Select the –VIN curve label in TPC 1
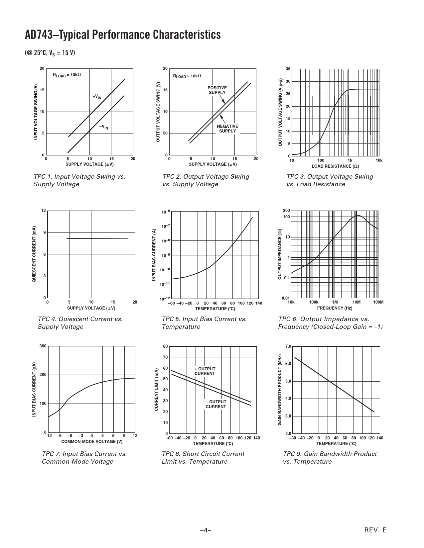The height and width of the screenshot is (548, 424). (x=104, y=127)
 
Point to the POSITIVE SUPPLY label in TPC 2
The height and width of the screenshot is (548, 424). (x=217, y=90)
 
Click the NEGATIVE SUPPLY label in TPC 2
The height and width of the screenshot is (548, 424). (x=227, y=129)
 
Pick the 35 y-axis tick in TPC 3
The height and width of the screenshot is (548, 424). (x=288, y=69)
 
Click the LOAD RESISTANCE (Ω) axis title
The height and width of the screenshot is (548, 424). (x=335, y=166)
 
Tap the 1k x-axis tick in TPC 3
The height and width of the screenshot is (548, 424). (x=350, y=161)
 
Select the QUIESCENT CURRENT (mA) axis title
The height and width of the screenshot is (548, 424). (x=34, y=254)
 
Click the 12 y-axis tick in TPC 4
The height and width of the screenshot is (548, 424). (x=44, y=211)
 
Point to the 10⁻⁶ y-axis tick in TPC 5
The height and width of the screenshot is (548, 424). (x=166, y=212)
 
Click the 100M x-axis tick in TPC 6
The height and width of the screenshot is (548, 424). (x=378, y=302)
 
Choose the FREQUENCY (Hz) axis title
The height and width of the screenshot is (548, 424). (x=335, y=308)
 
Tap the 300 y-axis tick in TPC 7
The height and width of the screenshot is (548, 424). (x=43, y=346)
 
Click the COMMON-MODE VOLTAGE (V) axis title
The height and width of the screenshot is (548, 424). (x=92, y=441)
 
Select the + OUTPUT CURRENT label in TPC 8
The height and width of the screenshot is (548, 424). (x=205, y=371)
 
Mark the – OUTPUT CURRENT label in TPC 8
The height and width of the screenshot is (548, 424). (x=216, y=404)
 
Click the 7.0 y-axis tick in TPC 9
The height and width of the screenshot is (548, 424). (x=288, y=346)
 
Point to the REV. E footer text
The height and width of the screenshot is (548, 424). (x=375, y=530)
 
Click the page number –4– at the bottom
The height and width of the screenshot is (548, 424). (x=206, y=530)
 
